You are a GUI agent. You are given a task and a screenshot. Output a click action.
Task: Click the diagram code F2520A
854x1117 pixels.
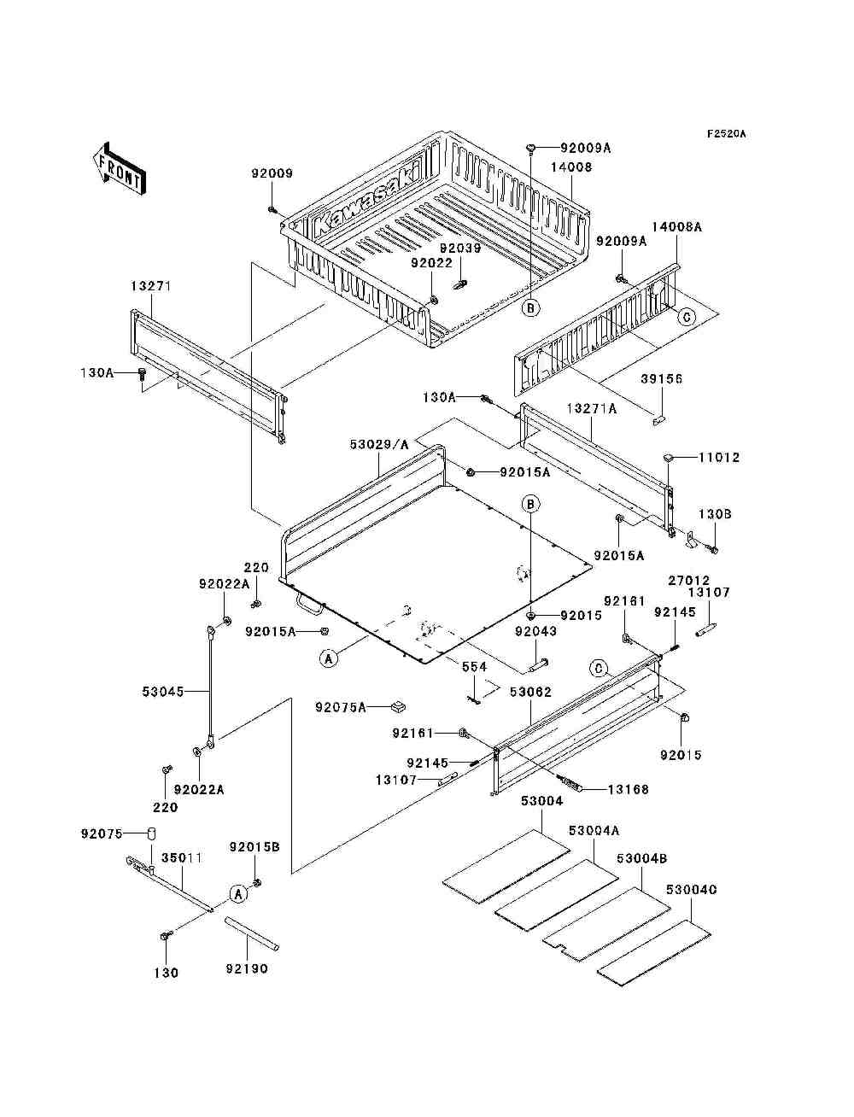point(726,134)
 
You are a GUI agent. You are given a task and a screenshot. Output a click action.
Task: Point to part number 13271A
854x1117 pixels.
point(592,409)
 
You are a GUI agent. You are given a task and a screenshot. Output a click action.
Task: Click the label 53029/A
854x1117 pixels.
point(379,444)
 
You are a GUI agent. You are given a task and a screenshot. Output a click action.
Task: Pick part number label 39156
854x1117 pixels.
point(663,378)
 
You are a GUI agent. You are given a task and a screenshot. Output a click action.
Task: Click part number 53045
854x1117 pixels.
point(163,691)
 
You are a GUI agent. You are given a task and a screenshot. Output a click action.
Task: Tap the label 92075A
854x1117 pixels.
point(340,706)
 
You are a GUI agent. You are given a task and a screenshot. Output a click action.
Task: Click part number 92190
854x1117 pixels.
point(247,968)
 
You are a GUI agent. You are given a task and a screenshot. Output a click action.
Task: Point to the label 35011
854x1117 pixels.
point(182,857)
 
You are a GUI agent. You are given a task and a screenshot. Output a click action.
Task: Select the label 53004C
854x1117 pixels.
point(692,889)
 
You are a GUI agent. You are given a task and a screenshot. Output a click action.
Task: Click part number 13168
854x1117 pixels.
point(628,789)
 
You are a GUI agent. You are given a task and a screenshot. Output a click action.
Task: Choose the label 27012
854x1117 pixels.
point(688,581)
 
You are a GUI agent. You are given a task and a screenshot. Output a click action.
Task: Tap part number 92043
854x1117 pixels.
point(535,631)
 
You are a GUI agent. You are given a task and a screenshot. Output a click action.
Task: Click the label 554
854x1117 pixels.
point(474,666)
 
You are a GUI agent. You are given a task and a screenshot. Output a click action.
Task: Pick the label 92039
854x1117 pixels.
point(460,249)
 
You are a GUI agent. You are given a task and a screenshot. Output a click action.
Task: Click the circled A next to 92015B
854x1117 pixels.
point(238,893)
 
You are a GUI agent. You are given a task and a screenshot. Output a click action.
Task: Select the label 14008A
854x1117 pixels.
point(676,227)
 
